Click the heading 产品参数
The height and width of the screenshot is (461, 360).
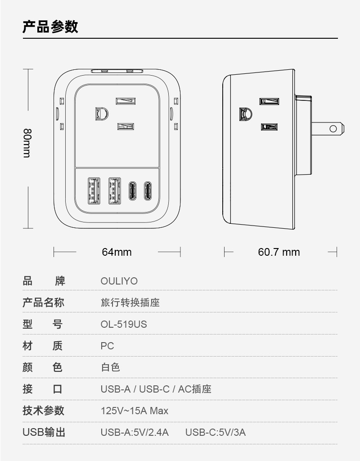point(50,27)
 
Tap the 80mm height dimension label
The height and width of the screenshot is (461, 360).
point(27,143)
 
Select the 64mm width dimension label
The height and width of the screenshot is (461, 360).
point(117,252)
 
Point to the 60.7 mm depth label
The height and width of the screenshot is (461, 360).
point(279,252)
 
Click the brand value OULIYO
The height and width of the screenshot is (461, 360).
point(119,281)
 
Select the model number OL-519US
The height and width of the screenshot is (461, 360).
point(123,325)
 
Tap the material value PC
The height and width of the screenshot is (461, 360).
point(107,346)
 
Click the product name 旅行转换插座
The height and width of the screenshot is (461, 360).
point(130,303)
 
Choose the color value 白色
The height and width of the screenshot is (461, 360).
point(110,368)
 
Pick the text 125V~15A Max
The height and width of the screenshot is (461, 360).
point(134,411)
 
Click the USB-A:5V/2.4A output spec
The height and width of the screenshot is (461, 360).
point(134,433)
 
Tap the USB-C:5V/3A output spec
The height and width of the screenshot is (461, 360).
point(215,433)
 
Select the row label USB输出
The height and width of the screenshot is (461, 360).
point(44,433)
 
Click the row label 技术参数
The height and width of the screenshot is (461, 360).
point(44,411)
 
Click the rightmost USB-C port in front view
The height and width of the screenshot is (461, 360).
point(147,190)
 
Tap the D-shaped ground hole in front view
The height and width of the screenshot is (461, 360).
point(101,113)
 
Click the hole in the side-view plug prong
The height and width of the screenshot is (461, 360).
point(333,129)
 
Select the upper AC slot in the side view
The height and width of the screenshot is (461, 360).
point(269,101)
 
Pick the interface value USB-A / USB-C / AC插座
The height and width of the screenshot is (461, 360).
point(156,389)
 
